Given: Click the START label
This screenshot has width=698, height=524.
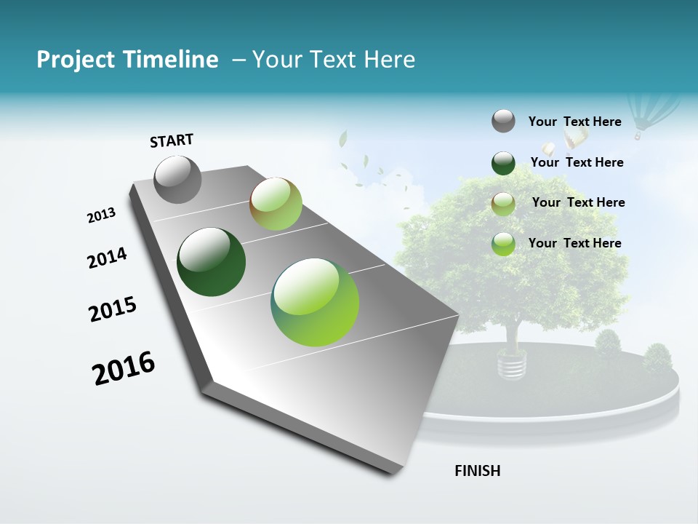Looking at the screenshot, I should (172, 140).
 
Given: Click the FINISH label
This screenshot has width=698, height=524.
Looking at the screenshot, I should (477, 471).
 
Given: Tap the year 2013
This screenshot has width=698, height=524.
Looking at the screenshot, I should (101, 215).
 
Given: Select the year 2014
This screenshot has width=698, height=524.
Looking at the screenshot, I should (107, 258).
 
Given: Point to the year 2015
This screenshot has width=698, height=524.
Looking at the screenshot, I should (113, 309).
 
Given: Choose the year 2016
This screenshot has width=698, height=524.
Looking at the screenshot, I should (124, 368).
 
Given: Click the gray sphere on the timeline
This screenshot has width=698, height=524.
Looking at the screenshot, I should (177, 179).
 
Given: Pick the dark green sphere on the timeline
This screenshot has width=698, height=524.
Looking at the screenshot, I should (211, 262).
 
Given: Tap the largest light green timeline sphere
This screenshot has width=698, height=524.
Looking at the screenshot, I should (315, 302).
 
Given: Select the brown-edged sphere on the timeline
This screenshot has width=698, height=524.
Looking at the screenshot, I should (276, 205).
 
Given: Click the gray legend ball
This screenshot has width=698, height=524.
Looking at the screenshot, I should (503, 121).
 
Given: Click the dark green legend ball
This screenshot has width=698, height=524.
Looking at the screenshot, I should (503, 163).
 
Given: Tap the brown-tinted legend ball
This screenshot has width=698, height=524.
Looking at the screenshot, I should (503, 203).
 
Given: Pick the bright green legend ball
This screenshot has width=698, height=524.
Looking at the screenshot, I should (503, 244).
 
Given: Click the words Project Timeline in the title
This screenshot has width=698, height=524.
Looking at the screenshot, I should (127, 60).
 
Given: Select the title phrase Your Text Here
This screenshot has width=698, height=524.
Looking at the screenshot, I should (334, 60).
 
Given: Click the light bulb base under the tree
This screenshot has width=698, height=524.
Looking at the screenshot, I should (511, 364).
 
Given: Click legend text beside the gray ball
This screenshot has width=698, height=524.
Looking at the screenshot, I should (574, 122).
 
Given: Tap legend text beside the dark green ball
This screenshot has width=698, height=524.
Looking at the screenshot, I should (577, 162).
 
